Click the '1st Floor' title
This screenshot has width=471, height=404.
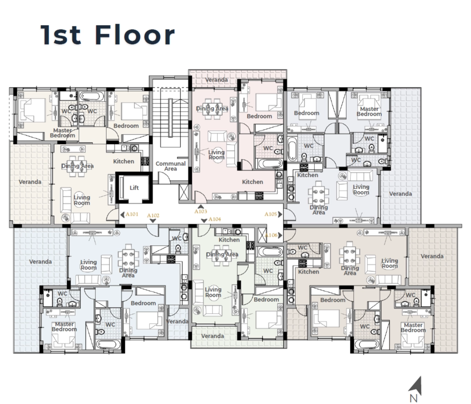(108, 35)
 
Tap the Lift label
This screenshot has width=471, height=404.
(134, 188)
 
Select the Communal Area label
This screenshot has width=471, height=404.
(170, 166)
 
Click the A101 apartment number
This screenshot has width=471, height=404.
(132, 214)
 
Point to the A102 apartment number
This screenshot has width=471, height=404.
(153, 216)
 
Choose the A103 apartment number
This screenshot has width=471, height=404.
(201, 211)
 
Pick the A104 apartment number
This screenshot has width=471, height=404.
(215, 219)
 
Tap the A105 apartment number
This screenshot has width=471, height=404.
(270, 214)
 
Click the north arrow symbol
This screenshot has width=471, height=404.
(416, 385)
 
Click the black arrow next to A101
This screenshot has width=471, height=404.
(122, 215)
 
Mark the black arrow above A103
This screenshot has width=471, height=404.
(201, 207)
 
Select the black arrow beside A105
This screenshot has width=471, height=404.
(280, 214)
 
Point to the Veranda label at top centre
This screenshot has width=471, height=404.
(216, 80)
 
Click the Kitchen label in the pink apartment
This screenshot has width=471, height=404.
(252, 182)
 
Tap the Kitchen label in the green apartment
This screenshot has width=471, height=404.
(229, 240)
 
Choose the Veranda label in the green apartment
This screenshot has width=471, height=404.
(212, 336)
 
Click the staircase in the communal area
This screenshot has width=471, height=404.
(170, 118)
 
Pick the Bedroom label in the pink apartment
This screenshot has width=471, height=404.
(259, 116)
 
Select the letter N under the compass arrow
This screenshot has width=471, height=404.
(414, 398)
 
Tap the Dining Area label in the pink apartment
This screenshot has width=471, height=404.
(212, 109)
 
